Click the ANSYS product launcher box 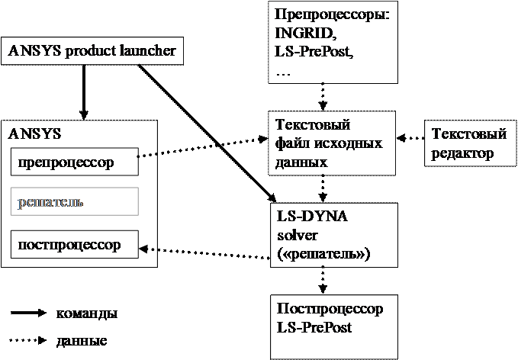point(92,51)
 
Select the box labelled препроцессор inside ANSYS point(75,162)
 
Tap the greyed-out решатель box point(75,202)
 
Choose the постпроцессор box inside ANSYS point(75,244)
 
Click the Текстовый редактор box point(471,143)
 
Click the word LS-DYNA point(312,217)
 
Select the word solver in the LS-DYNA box point(297,236)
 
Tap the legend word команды point(87,313)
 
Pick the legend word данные point(82,340)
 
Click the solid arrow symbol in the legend point(28,313)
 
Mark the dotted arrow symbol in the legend point(28,340)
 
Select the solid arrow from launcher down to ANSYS point(84,92)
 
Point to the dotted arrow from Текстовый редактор point(410,138)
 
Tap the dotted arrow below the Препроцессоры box point(323,97)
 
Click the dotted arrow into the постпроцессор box point(204,253)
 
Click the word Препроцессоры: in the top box point(332,15)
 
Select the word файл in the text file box point(291,143)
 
